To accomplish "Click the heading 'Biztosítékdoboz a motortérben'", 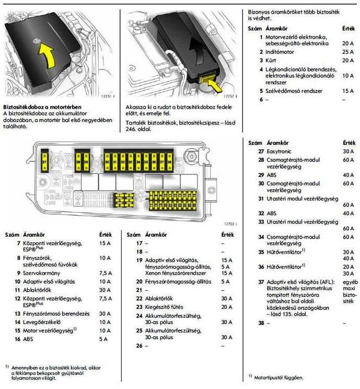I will (42, 106).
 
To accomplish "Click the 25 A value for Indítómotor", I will (348, 53).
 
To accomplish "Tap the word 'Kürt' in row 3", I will (271, 60).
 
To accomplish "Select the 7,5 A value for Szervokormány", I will (105, 273).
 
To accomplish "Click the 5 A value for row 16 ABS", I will (104, 339).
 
